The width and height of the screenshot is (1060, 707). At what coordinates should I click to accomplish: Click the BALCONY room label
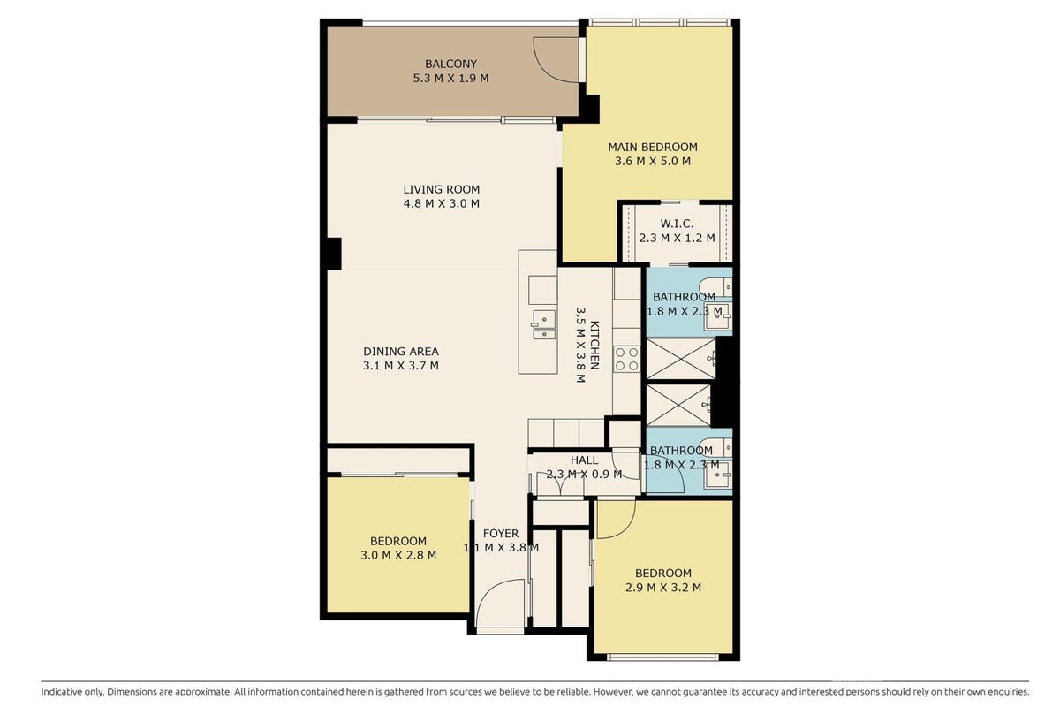click(450, 64)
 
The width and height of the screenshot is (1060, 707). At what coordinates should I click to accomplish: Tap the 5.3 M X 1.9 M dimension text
click(450, 78)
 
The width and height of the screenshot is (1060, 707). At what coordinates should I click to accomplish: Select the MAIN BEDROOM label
click(653, 147)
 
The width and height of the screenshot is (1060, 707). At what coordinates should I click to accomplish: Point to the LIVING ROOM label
click(441, 189)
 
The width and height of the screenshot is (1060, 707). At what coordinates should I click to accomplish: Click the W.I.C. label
click(677, 223)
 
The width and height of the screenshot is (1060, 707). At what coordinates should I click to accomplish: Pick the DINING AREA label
click(401, 352)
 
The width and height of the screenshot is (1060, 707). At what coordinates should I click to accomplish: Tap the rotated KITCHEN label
click(594, 346)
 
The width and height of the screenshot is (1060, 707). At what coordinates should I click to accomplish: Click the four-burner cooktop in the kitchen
click(627, 359)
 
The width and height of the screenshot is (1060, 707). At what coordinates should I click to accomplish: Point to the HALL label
click(584, 460)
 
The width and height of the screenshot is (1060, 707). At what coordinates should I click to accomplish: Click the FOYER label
click(501, 533)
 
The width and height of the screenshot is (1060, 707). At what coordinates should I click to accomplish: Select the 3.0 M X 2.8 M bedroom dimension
click(398, 555)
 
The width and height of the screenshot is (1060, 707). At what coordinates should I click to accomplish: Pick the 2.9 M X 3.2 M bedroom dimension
click(663, 587)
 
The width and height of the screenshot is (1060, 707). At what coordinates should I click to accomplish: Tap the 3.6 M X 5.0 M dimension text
click(653, 161)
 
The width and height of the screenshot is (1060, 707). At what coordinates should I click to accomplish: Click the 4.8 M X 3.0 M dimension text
click(441, 203)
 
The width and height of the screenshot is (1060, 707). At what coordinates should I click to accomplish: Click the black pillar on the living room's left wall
click(334, 254)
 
